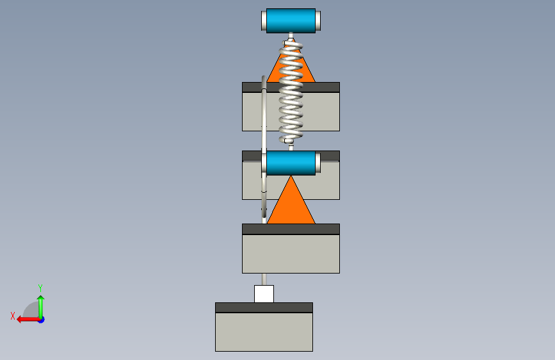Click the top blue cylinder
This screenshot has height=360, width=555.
point(291,21)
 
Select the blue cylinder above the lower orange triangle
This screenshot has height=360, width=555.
point(291,163)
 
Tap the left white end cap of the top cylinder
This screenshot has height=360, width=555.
point(264,21)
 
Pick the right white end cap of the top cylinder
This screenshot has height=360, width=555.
point(318,21)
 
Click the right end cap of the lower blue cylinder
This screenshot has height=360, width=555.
point(318,163)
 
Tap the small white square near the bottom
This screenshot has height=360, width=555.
point(264,294)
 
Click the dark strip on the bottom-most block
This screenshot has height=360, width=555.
point(264,307)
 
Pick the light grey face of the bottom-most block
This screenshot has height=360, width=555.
point(264,332)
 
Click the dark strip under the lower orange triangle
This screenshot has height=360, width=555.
point(291,229)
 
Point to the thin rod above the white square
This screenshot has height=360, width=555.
point(264,279)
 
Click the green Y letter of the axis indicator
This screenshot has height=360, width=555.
point(40,288)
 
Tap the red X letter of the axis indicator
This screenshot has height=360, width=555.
point(13,316)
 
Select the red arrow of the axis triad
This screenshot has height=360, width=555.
point(28,319)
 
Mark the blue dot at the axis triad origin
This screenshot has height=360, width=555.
point(42,320)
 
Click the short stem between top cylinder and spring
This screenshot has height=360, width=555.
point(291,36)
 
